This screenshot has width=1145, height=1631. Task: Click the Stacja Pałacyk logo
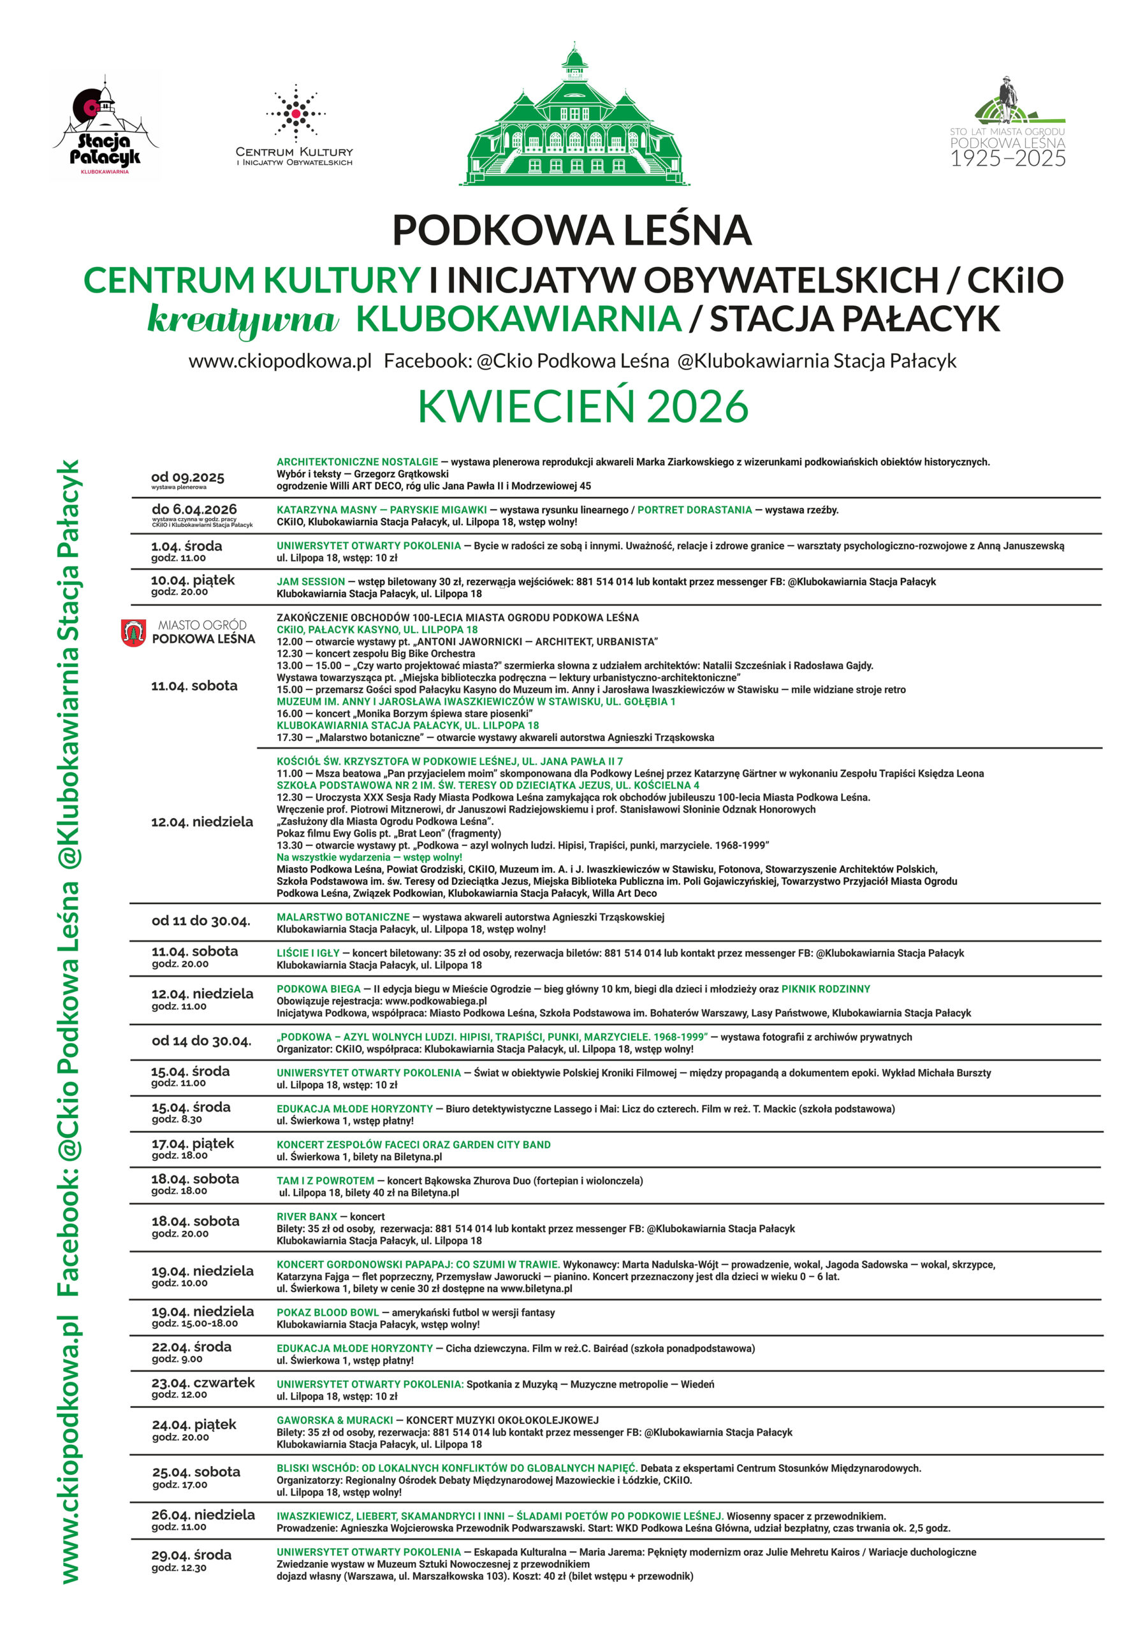click(105, 129)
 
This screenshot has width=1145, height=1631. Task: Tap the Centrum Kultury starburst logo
click(295, 113)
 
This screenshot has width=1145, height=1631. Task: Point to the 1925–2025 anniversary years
click(1008, 159)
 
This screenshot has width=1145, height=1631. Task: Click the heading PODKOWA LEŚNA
click(572, 229)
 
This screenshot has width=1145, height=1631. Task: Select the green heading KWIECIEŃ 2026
click(582, 406)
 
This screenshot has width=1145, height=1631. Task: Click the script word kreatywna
click(242, 319)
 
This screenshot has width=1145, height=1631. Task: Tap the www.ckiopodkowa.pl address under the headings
click(280, 361)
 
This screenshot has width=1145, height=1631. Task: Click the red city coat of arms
click(133, 632)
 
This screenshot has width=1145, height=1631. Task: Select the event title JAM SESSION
click(310, 581)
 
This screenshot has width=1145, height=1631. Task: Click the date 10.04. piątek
click(192, 580)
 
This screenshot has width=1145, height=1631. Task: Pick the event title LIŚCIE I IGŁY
click(308, 952)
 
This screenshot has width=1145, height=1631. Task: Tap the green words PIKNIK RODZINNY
click(825, 989)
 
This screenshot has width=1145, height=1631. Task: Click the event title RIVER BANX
click(306, 1216)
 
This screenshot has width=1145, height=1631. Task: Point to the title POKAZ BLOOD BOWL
click(327, 1312)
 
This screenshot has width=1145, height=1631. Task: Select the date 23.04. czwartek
click(203, 1383)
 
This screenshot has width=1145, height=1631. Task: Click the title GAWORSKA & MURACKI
click(335, 1419)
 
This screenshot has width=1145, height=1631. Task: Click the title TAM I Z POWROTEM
click(325, 1181)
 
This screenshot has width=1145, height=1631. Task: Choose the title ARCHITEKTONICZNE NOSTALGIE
click(357, 462)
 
